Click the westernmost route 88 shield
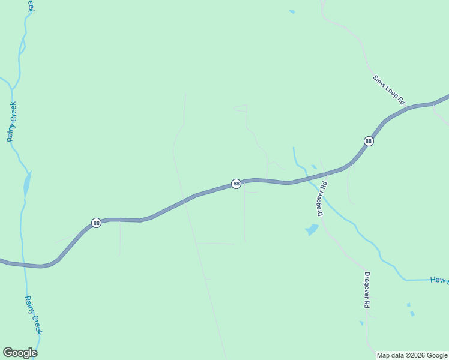tap(96, 223)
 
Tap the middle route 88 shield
tap(237, 184)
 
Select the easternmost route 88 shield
tap(369, 141)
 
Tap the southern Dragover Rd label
tap(366, 290)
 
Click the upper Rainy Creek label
tap(12, 122)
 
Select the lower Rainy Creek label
tap(33, 315)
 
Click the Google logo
tap(20, 353)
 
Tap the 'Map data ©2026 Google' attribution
tap(412, 355)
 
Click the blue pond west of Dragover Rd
tap(312, 230)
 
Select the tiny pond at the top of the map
tap(292, 11)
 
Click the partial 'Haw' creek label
tap(439, 280)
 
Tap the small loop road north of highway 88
tap(240, 109)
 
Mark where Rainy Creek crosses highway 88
tap(25, 265)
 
